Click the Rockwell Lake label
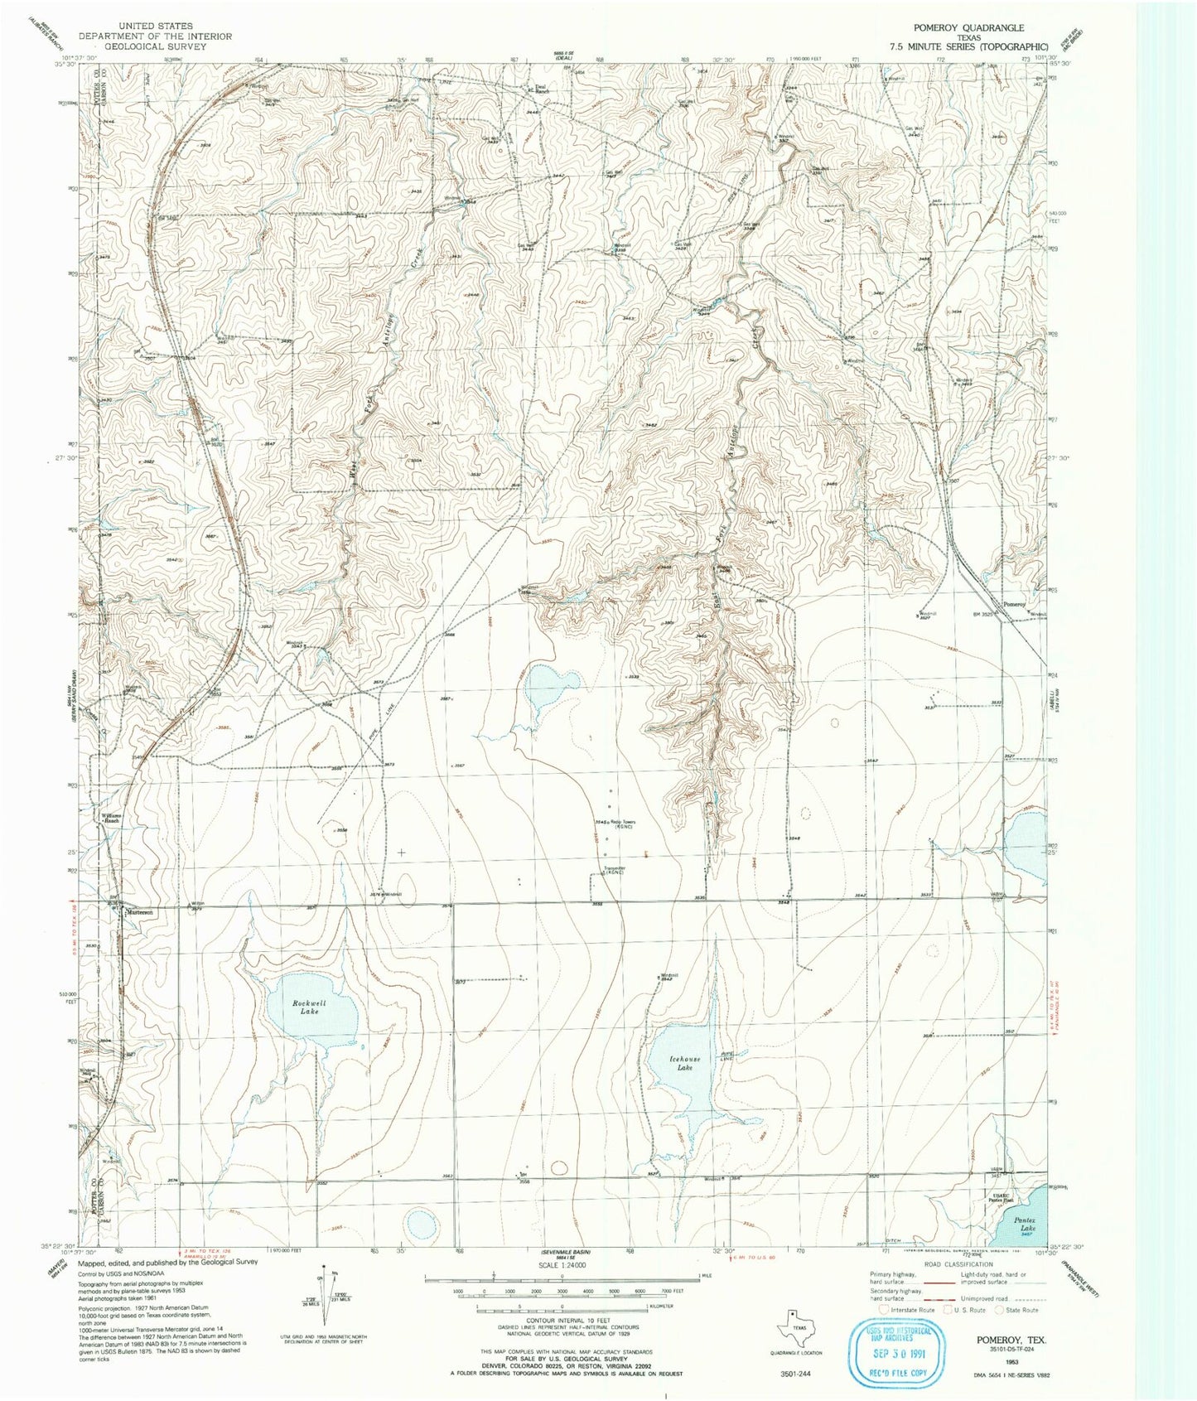(x=309, y=1007)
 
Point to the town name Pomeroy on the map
(x=1014, y=604)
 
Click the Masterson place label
(x=139, y=912)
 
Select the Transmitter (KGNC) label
(x=613, y=870)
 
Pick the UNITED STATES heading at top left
(x=155, y=26)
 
